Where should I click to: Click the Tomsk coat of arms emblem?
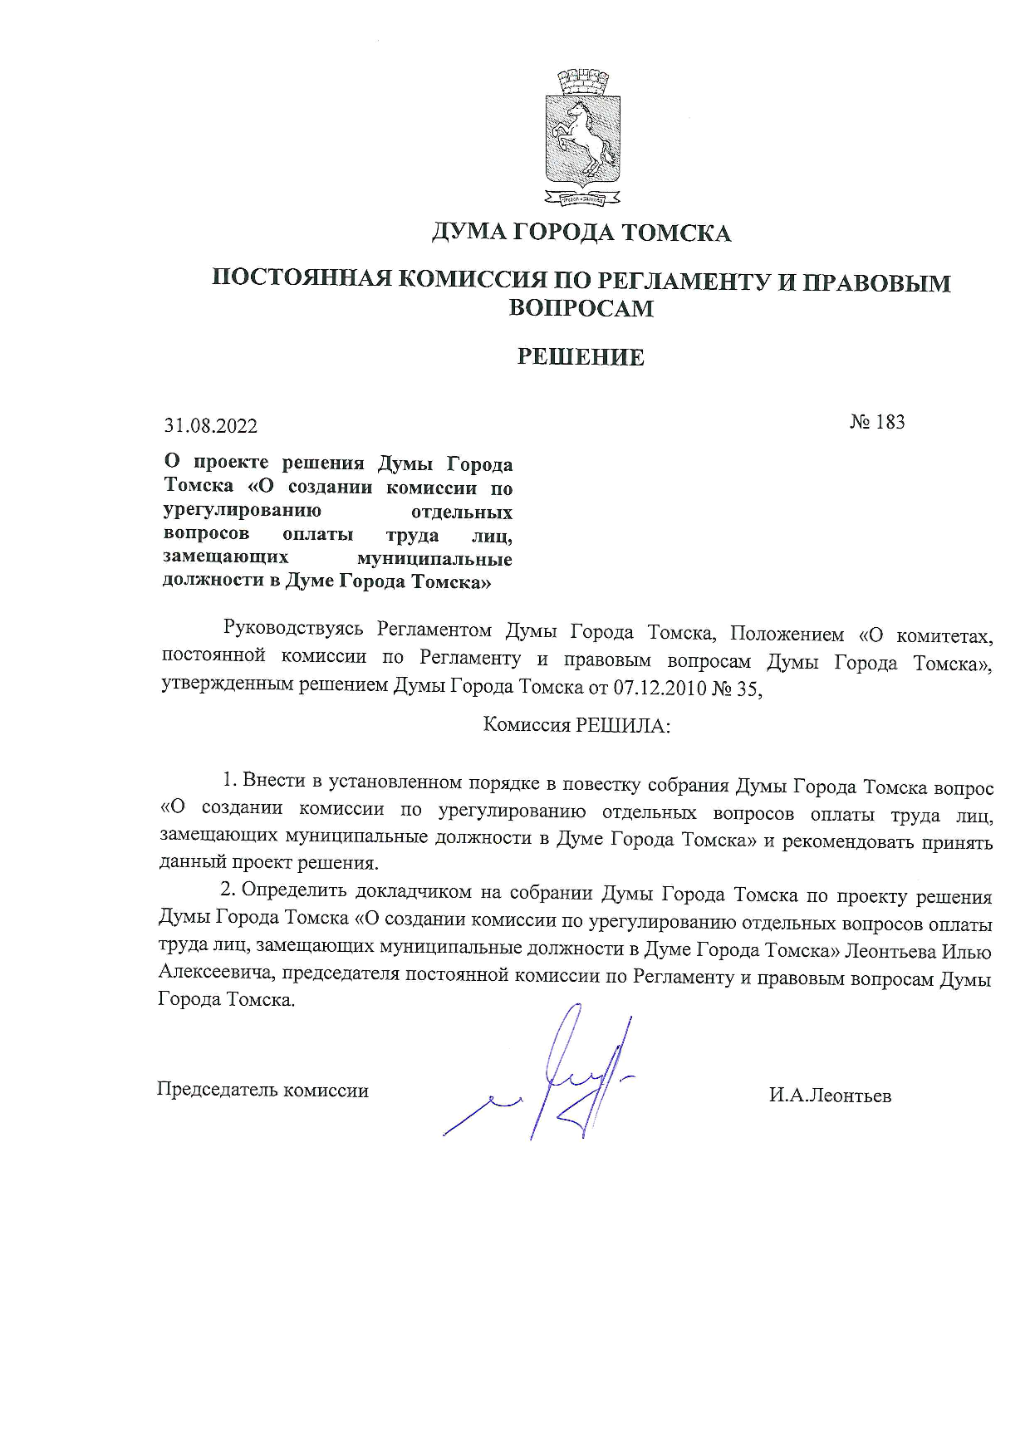pos(583,137)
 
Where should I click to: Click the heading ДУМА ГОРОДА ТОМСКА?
pos(581,233)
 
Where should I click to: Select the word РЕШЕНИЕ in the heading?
pos(581,357)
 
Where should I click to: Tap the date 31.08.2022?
pos(211,426)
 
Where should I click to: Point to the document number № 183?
pos(877,422)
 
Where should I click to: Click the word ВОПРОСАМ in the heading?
pos(581,308)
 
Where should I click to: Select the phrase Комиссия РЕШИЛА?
pos(576,725)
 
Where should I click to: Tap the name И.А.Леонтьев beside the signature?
pos(830,1096)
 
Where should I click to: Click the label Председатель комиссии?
pos(262,1090)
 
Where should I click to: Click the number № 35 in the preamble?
pos(737,688)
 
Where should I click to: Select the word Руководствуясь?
pos(294,630)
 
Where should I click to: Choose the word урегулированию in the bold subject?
pos(242,510)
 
